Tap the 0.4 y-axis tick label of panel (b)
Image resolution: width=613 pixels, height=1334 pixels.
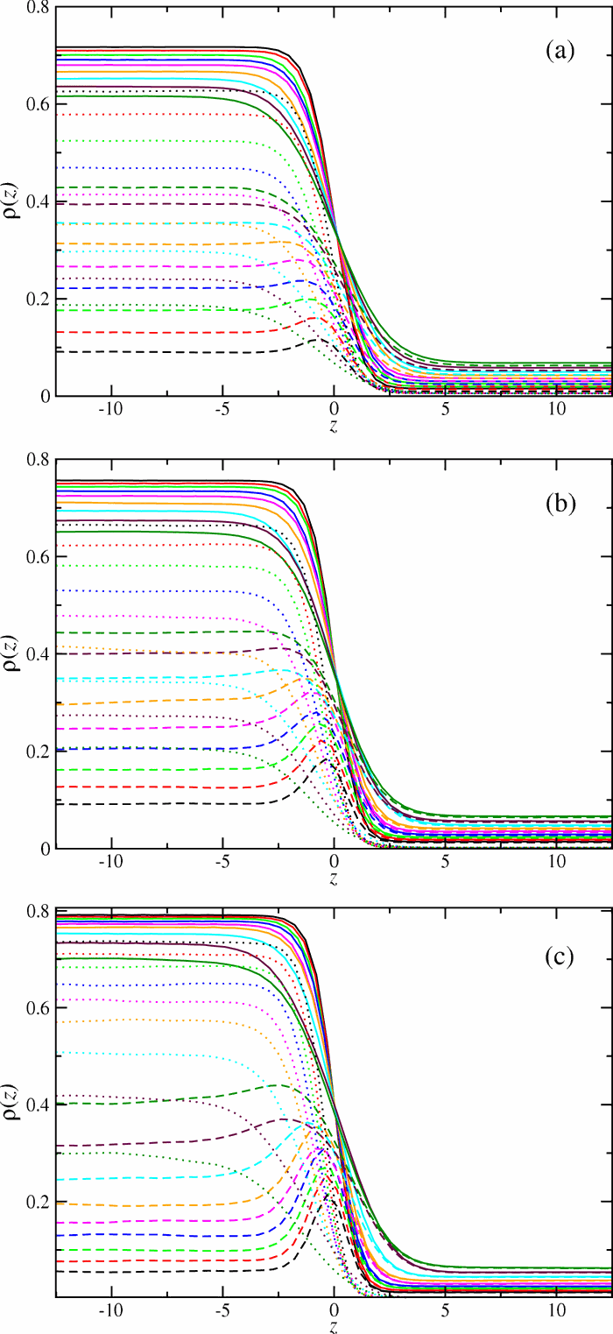tap(35, 654)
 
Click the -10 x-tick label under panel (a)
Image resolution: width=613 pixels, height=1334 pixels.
tap(111, 410)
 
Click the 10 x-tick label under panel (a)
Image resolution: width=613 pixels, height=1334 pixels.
tap(556, 410)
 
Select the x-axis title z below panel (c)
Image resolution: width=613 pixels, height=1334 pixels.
tap(334, 1327)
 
